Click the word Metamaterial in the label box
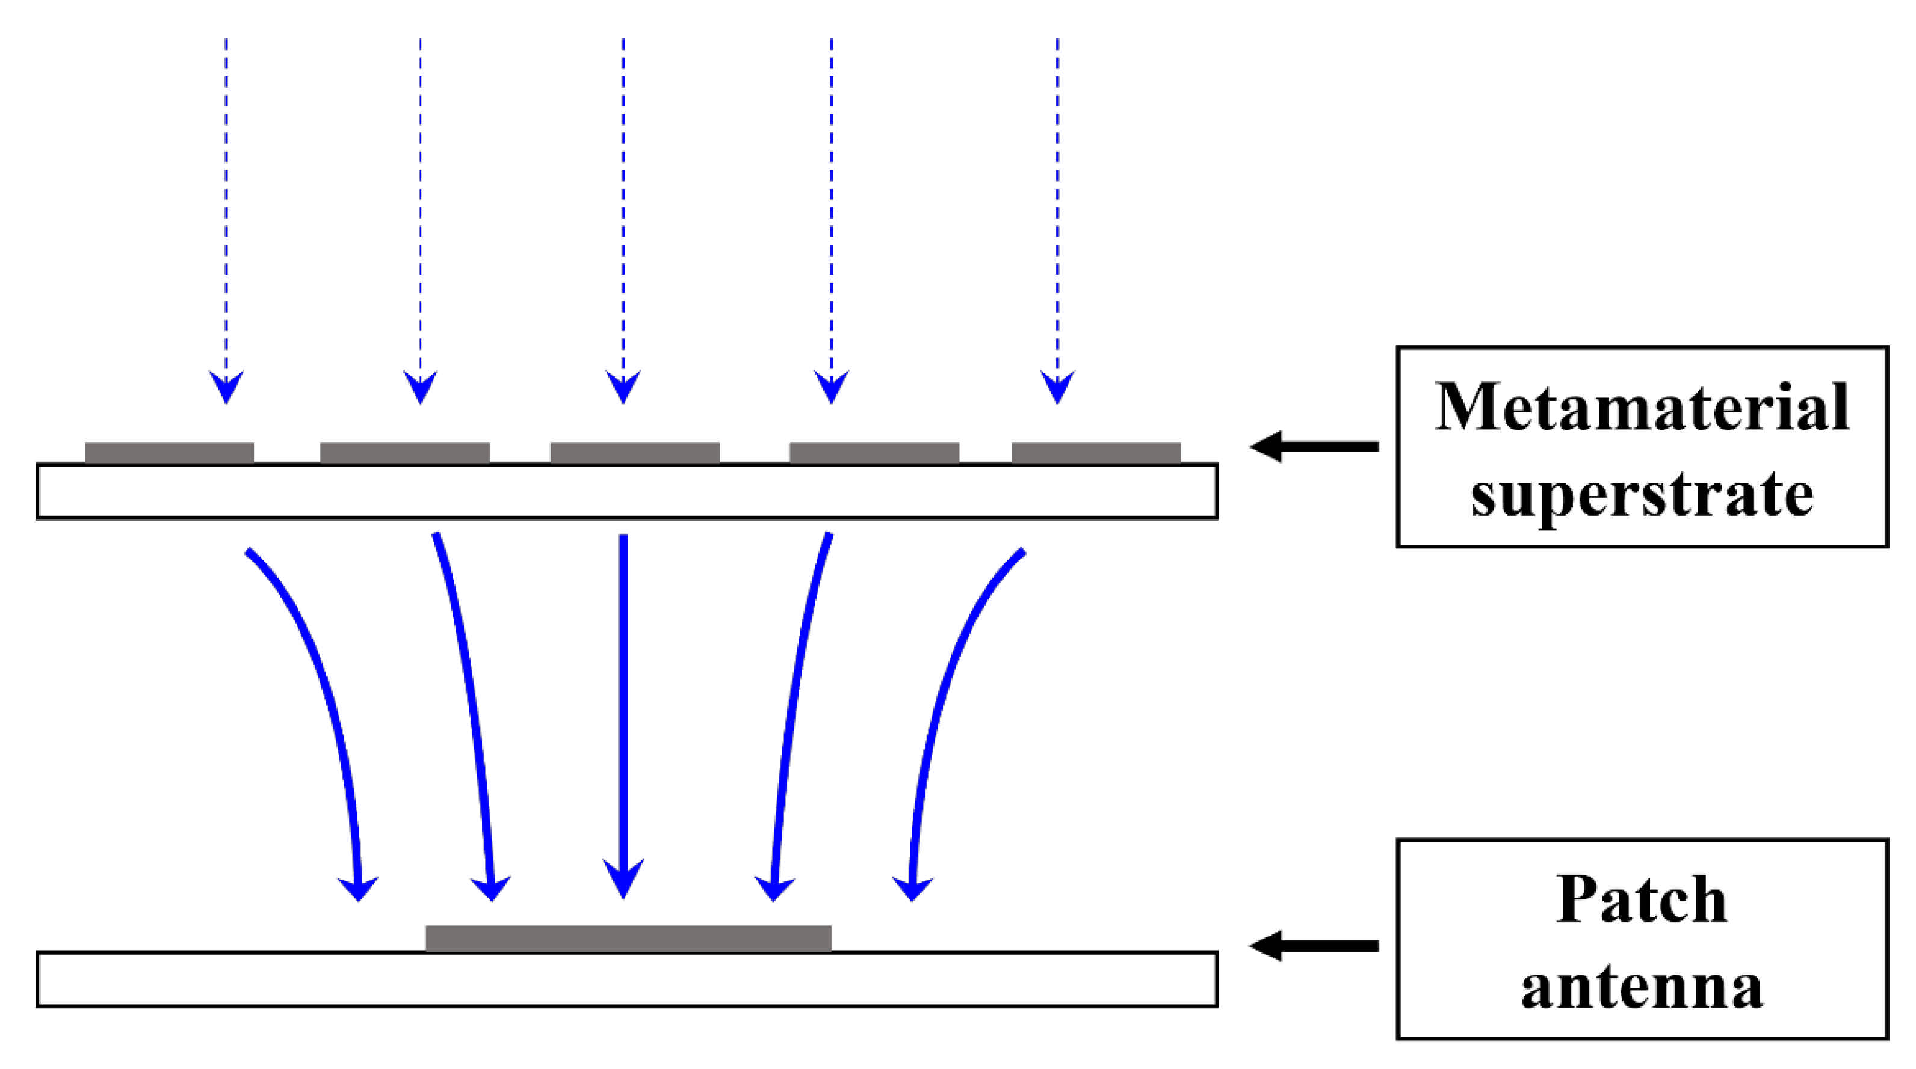(x=1642, y=408)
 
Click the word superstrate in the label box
(x=1642, y=494)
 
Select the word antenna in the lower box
(x=1642, y=987)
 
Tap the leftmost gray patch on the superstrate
(x=169, y=452)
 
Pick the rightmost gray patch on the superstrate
(x=1096, y=452)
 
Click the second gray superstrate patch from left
(x=404, y=452)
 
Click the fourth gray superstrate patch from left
(x=874, y=452)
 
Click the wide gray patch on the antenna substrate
(x=628, y=938)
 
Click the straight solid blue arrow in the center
(x=623, y=706)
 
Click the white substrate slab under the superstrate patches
(x=626, y=491)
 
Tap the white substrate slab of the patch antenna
(x=626, y=979)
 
